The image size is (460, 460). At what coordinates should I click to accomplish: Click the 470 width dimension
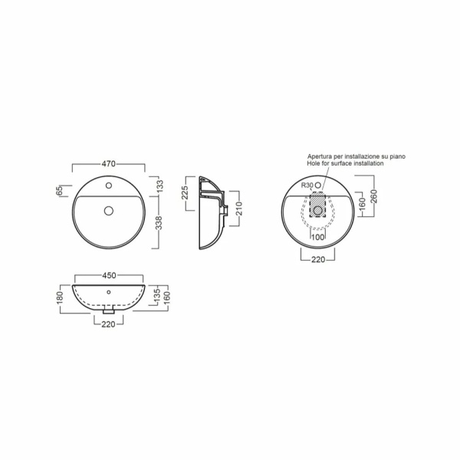pos(109,164)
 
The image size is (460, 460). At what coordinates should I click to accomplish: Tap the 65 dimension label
pos(59,190)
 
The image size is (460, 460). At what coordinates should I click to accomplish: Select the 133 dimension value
pos(160,186)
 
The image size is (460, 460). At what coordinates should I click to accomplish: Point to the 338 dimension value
pos(159,223)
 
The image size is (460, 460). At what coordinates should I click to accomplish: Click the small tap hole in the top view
pos(109,186)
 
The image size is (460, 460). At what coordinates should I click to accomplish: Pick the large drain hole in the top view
pos(109,210)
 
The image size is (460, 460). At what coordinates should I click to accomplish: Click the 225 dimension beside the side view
pos(185,192)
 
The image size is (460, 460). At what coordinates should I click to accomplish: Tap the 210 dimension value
pos(239,209)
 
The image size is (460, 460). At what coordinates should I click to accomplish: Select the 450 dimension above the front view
pos(109,275)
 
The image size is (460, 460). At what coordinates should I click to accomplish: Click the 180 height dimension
pos(60,297)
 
